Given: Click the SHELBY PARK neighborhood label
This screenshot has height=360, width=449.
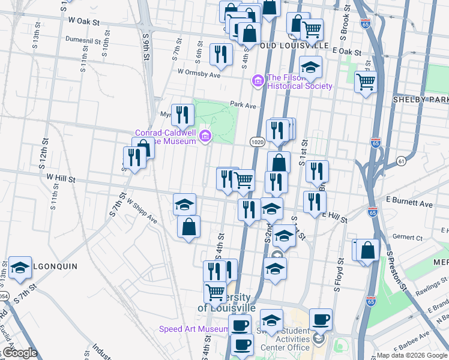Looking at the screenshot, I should [421, 99].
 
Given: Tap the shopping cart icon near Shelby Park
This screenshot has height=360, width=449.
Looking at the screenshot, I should [365, 81].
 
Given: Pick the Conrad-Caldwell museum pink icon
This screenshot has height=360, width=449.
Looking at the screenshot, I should [206, 137].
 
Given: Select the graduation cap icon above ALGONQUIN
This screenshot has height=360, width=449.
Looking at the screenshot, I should [20, 269].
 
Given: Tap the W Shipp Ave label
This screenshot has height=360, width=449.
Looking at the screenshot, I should [142, 213].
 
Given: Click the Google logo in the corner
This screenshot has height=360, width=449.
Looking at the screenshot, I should [19, 353].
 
